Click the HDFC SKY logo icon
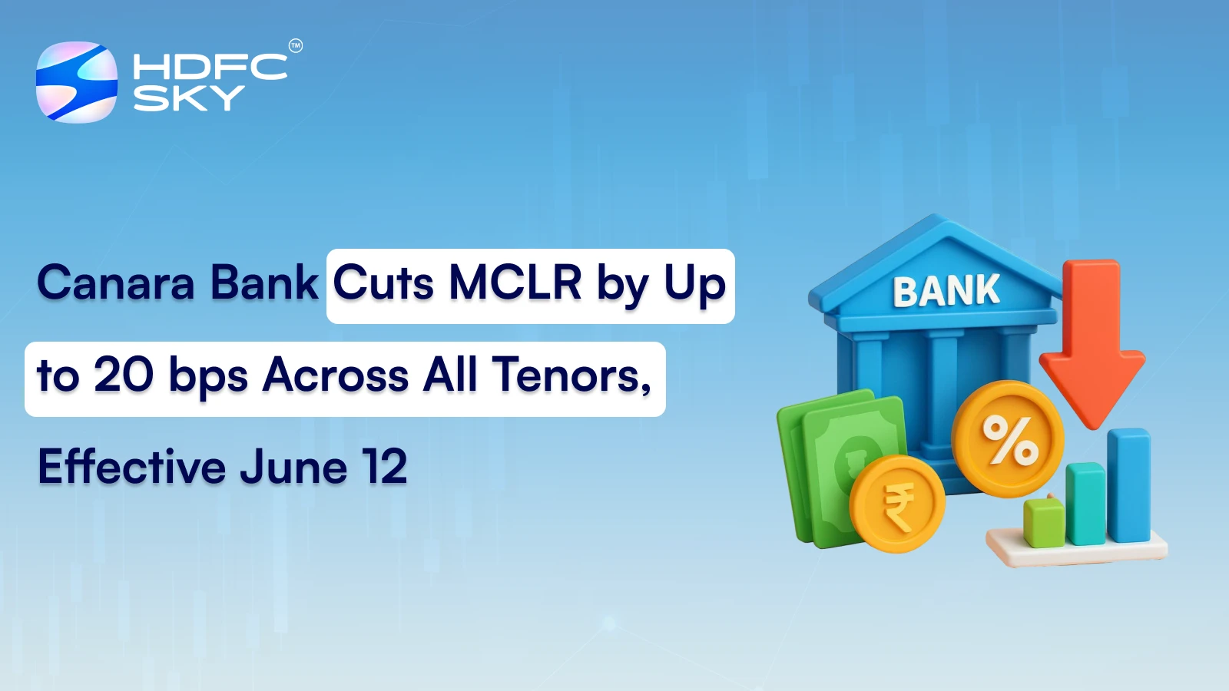77,82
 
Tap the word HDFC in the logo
210,67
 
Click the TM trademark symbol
295,46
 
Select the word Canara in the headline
116,283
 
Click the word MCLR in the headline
515,283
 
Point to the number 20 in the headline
124,375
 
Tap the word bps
208,377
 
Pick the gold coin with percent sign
1008,439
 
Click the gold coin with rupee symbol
897,504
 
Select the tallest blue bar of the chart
1128,485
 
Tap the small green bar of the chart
1044,523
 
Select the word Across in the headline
336,375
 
